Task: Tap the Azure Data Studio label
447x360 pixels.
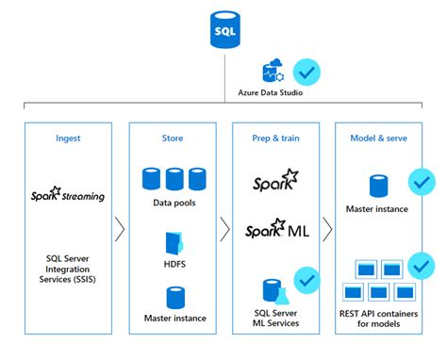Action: (273, 94)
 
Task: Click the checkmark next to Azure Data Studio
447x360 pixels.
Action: (305, 71)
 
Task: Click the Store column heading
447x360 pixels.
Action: (174, 138)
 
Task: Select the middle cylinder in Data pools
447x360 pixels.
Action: (174, 178)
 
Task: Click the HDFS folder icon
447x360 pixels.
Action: (174, 242)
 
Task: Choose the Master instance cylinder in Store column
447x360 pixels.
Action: (174, 298)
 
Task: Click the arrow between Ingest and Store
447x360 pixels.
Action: (120, 229)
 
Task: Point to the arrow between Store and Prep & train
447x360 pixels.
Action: (224, 229)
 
